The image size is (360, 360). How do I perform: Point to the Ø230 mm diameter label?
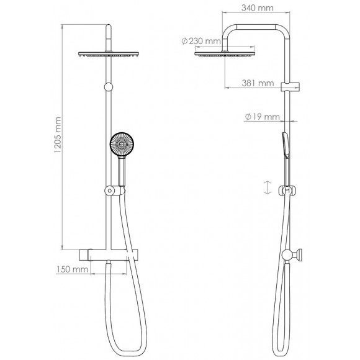tap(201, 41)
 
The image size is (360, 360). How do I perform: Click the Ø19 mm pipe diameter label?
tap(259, 116)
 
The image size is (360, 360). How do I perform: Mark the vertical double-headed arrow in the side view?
tap(267, 187)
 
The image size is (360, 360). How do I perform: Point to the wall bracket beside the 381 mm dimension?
tap(287, 86)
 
